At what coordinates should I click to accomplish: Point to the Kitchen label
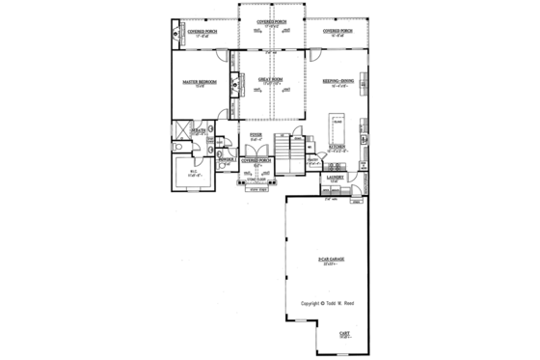tap(337, 147)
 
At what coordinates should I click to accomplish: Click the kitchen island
tap(337, 127)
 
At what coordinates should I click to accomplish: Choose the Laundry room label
tap(337, 178)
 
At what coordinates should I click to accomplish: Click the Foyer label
tap(256, 135)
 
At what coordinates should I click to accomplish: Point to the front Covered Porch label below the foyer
tap(256, 160)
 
